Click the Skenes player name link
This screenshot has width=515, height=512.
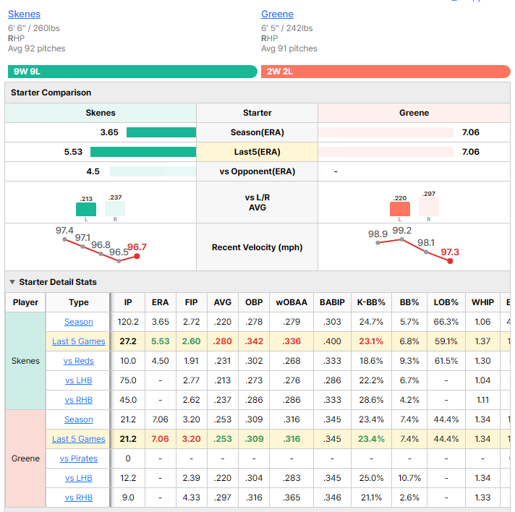point(24,14)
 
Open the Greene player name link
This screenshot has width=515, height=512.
point(277,14)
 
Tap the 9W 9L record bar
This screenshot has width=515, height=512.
point(132,72)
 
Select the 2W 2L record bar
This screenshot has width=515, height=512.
point(386,72)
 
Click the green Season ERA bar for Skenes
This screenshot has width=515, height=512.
point(161,132)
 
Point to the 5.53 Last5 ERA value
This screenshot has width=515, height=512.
point(73,152)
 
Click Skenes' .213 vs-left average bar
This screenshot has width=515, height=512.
point(86,209)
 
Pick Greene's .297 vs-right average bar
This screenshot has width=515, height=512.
point(429,207)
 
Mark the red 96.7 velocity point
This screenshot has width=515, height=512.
point(137,256)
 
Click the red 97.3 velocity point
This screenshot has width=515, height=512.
point(450,261)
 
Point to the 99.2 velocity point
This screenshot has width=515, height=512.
point(401,240)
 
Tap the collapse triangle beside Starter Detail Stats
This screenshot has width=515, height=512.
point(12,282)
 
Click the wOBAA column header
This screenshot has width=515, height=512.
point(291,302)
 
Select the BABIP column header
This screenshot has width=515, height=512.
point(332,302)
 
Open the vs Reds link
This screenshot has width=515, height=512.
point(79,361)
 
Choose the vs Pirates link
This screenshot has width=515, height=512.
point(79,458)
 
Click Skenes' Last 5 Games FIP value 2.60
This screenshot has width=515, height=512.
point(191,341)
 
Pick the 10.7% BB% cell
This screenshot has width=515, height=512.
point(409,478)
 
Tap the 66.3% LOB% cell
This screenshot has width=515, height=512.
point(446,322)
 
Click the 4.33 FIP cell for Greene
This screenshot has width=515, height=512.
point(191,498)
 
